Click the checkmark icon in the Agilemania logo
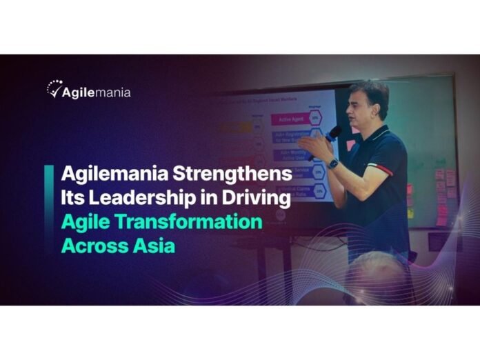click(x=54, y=89)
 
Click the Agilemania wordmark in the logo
click(x=97, y=91)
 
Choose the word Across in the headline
click(x=94, y=246)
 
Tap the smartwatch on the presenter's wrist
click(x=333, y=163)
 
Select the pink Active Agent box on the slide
click(x=290, y=119)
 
